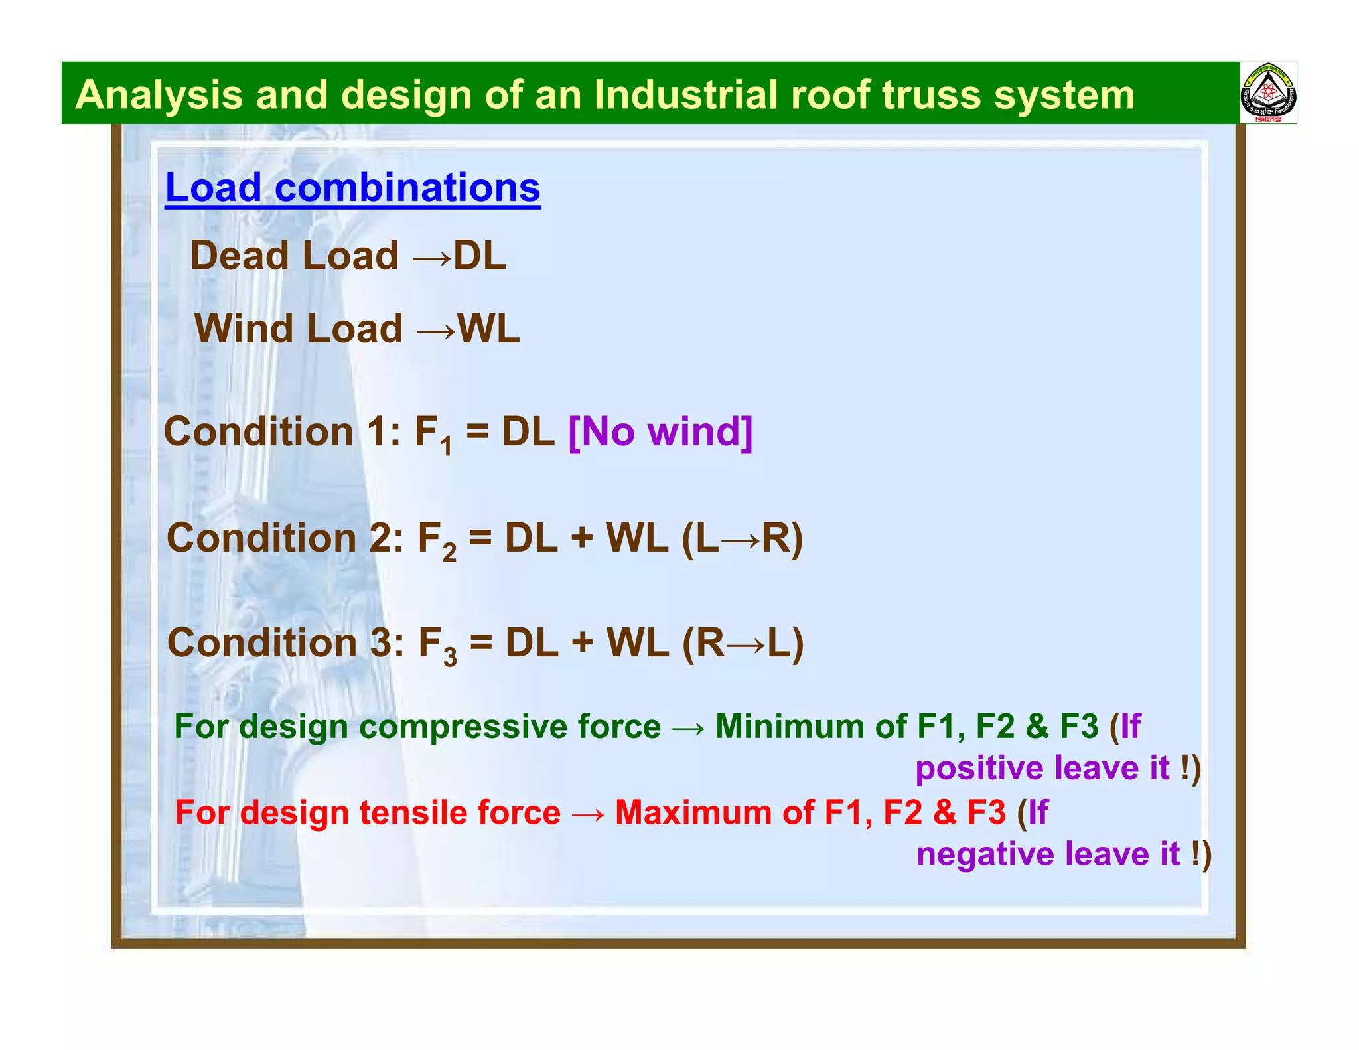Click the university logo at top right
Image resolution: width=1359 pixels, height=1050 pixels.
[x=1268, y=94]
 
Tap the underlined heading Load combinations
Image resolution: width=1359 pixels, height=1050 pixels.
[x=352, y=188]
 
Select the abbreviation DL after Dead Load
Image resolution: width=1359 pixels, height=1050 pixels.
[x=480, y=256]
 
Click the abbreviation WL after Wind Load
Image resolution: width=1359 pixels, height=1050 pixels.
[x=488, y=329]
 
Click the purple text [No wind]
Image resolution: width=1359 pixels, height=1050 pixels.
[x=660, y=432]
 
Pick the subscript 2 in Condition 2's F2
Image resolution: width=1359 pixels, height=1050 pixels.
[x=449, y=553]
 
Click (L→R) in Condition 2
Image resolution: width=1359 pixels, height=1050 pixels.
[x=742, y=538]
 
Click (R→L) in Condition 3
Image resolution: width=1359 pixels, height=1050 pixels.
[x=743, y=643]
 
